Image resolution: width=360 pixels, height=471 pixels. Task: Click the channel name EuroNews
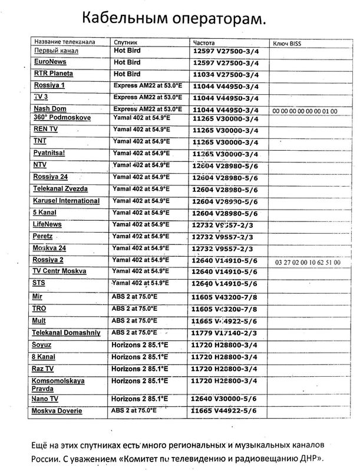[x=51, y=61]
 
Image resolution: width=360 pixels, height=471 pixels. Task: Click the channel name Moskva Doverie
[x=58, y=410]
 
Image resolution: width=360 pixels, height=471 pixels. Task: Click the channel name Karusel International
[x=67, y=200]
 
